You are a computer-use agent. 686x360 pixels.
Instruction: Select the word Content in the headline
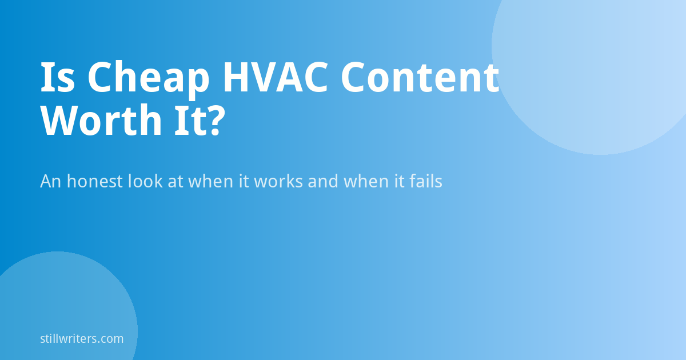pyautogui.click(x=420, y=77)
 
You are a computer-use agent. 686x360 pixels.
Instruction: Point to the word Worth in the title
pyautogui.click(x=101, y=120)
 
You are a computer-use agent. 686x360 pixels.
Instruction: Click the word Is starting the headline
pyautogui.click(x=58, y=77)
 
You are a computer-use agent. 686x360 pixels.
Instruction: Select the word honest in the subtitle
pyautogui.click(x=95, y=181)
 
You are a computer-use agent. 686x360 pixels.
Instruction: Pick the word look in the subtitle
pyautogui.click(x=145, y=181)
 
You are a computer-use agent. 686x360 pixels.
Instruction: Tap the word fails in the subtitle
pyautogui.click(x=426, y=181)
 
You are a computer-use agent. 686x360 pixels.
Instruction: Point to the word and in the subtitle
pyautogui.click(x=323, y=181)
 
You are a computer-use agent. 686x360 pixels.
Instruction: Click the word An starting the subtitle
pyautogui.click(x=51, y=181)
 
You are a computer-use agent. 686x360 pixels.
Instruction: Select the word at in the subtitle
pyautogui.click(x=175, y=181)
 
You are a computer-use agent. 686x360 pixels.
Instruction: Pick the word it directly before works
pyautogui.click(x=244, y=181)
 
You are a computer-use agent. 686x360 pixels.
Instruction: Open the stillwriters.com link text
pyautogui.click(x=82, y=338)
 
